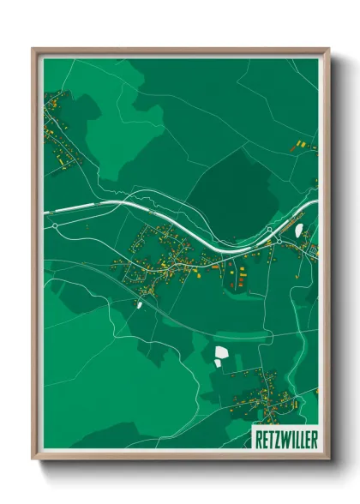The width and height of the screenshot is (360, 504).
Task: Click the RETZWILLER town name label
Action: point(285,439)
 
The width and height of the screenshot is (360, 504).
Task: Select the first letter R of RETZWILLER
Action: point(257,439)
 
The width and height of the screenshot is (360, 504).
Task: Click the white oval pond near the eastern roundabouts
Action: point(298,230)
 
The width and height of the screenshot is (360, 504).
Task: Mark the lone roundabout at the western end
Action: point(55,225)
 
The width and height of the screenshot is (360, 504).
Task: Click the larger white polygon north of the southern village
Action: point(221,352)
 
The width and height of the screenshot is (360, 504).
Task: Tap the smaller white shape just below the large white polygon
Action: point(218,363)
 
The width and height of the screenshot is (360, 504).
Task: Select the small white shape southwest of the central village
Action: point(139,303)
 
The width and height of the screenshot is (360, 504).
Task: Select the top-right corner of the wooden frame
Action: point(327,50)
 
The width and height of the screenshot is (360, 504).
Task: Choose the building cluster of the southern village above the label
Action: point(257,394)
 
